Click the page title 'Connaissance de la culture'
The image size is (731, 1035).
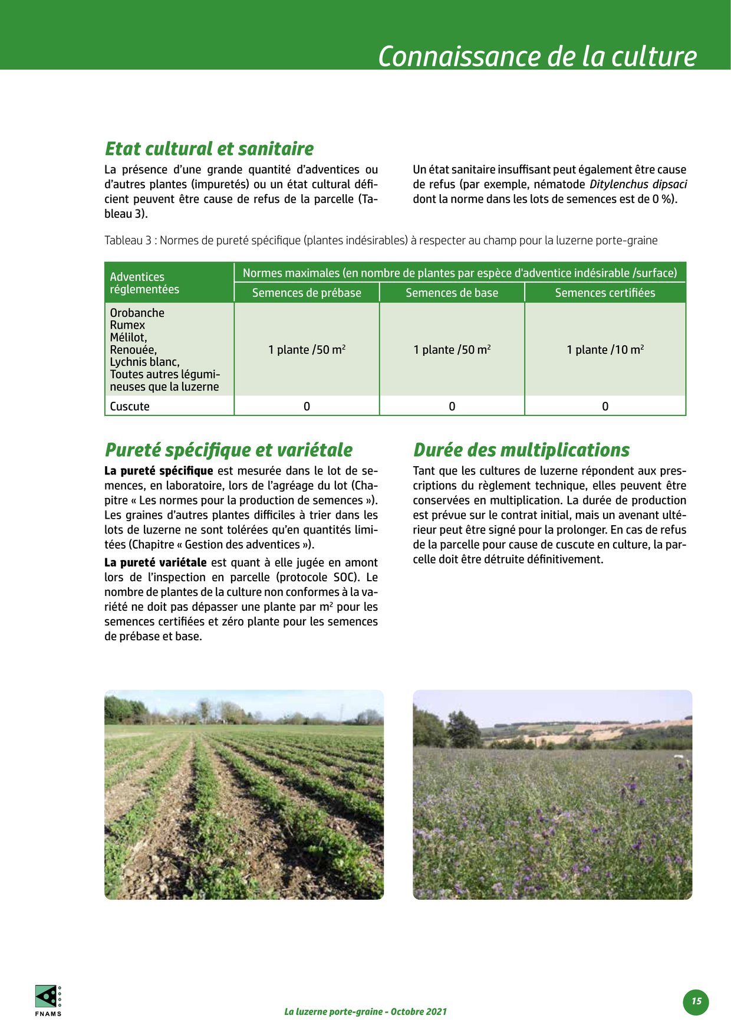coord(536,56)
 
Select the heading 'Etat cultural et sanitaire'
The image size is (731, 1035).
coord(209,148)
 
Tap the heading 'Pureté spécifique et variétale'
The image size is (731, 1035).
coord(229,450)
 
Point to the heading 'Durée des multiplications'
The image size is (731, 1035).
coord(521,450)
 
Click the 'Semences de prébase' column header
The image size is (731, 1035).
coord(307,293)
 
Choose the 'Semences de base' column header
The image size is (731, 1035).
coord(452,293)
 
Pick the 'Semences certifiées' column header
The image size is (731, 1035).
coord(605,293)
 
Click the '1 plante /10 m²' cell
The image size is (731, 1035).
coord(605,349)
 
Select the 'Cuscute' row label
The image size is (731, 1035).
coord(130,406)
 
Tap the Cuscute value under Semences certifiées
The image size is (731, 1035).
coord(605,406)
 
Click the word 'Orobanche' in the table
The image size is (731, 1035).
coord(137,313)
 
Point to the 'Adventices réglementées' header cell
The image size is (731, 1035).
coord(144,283)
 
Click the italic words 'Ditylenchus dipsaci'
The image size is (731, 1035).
coord(638,184)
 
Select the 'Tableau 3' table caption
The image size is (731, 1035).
coord(381,240)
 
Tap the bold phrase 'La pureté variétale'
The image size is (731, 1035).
coord(156,562)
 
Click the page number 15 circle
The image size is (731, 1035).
coord(696,1001)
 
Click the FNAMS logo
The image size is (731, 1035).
coord(48,1000)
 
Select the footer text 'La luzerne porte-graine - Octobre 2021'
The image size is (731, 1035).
coord(365,1011)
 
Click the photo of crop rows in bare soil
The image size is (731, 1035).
coord(244,794)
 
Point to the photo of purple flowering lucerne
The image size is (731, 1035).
coord(552,794)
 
